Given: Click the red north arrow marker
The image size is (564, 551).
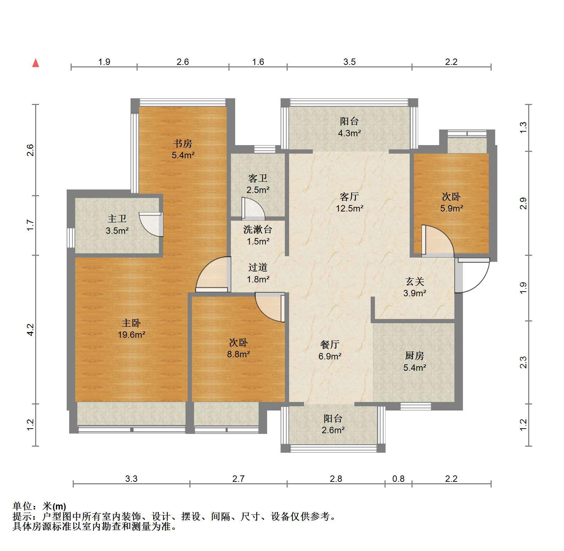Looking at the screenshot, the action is point(35,63).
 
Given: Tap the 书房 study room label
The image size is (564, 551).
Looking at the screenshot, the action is point(183,144).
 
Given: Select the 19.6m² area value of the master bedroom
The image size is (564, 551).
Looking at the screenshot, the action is point(131,335).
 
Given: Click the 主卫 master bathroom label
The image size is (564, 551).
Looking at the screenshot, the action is point(117,219).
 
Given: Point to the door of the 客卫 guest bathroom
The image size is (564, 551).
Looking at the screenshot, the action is point(253,208).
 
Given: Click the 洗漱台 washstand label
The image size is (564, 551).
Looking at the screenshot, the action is point(258,230).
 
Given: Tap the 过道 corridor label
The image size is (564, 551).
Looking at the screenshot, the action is point(258,268).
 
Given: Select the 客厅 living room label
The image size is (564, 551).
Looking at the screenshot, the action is point(349,197).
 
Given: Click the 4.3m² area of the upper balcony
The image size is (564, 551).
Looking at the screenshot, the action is point(349,133).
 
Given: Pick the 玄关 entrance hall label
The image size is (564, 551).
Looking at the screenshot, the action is point(415,282).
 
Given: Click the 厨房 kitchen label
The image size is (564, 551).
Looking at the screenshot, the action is point(415,356).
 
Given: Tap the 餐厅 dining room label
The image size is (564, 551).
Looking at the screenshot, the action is point(330,344).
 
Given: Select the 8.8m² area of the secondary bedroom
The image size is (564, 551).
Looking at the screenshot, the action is point(239,354).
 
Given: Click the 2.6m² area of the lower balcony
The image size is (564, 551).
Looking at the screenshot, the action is point(333,430).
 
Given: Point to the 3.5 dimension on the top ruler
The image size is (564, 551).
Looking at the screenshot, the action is point(349,62).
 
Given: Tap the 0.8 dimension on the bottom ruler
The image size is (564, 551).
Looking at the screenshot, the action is point(398,479).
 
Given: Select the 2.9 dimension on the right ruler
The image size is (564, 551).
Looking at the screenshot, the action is point(524,203).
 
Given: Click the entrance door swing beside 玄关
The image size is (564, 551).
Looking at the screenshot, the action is point(472,275).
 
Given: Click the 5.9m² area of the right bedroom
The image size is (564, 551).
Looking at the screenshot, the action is point(452,208).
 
